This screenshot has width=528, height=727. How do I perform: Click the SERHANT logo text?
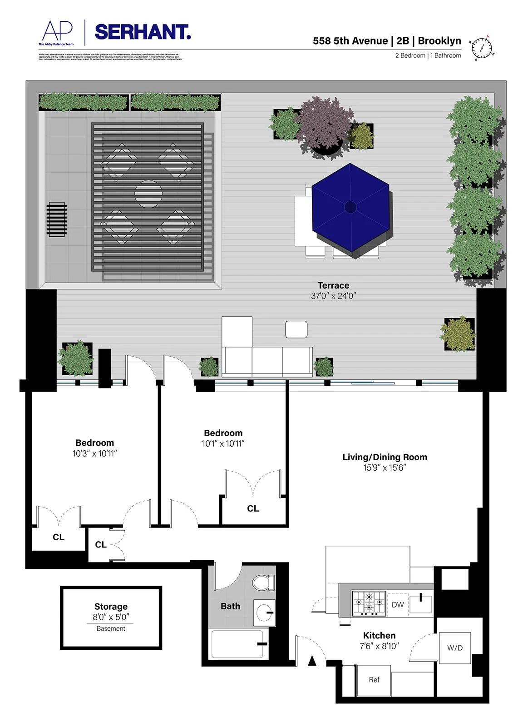(143, 32)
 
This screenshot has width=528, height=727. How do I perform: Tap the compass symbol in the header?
(481, 48)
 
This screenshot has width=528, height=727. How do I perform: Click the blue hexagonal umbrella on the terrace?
(350, 207)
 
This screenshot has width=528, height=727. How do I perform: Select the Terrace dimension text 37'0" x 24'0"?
(333, 296)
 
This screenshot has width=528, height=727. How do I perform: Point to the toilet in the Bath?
(263, 583)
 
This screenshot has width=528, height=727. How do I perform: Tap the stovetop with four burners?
(369, 603)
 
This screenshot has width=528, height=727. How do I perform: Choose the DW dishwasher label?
(398, 605)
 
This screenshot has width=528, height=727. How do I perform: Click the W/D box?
(454, 647)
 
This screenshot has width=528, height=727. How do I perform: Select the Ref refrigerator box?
(374, 680)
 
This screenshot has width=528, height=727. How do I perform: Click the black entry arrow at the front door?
(312, 661)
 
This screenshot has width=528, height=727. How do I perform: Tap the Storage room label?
(111, 607)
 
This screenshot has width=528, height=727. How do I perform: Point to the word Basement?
(111, 628)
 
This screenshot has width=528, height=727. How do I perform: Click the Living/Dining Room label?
(385, 457)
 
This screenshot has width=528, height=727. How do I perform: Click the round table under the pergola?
(148, 194)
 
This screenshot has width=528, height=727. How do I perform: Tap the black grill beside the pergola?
(57, 219)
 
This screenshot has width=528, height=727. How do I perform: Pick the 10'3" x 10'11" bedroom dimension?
(94, 453)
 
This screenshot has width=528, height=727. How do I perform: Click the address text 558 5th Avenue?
(350, 41)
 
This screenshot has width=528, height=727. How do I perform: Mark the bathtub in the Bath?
(237, 644)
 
